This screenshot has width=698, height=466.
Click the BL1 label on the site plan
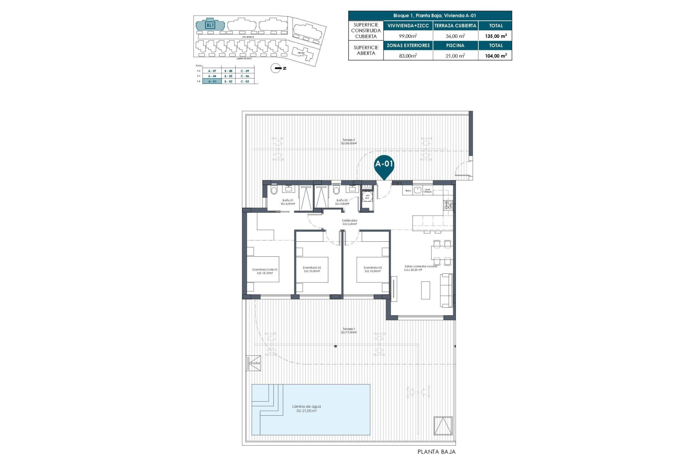pyautogui.click(x=210, y=25)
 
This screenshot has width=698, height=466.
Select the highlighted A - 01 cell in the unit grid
pyautogui.click(x=212, y=82)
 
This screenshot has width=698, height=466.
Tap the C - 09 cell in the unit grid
pyautogui.click(x=245, y=71)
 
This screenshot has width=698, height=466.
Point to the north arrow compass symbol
pyautogui.click(x=276, y=68)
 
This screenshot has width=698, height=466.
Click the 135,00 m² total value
pyautogui.click(x=496, y=36)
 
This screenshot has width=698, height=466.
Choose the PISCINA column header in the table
pyautogui.click(x=455, y=46)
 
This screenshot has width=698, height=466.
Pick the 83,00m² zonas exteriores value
pyautogui.click(x=408, y=56)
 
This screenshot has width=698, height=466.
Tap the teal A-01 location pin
pyautogui.click(x=384, y=165)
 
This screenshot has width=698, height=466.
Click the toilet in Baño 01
pyautogui.click(x=274, y=190)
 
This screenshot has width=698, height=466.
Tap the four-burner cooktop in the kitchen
pyautogui.click(x=448, y=205)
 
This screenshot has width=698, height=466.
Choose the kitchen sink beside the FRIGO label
pyautogui.click(x=417, y=190)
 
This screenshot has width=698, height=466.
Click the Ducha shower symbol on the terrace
pyautogui.click(x=254, y=363)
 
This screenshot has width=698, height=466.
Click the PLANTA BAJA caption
pyautogui.click(x=436, y=452)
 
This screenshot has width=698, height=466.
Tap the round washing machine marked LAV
pyautogui.click(x=367, y=196)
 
